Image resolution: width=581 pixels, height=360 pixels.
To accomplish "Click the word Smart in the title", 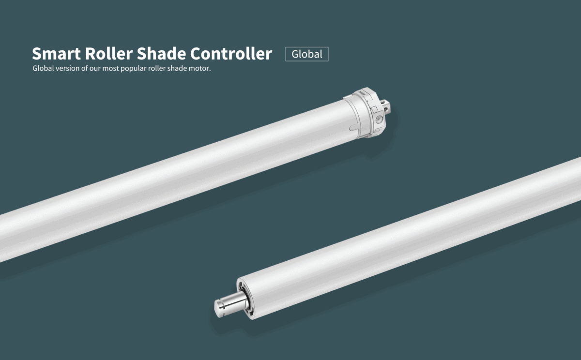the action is [56, 54].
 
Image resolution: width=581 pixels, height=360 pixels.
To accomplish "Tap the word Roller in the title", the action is [109, 53].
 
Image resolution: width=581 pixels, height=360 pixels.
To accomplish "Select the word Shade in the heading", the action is [161, 53].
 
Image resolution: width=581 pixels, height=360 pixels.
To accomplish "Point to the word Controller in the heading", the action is [231, 53].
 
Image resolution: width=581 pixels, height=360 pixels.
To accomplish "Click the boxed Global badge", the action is [307, 54].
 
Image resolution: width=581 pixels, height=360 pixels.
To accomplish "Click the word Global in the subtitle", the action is [43, 68].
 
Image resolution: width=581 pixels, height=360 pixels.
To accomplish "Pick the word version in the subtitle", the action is [68, 68].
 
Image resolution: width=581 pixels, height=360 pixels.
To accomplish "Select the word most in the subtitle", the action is [110, 68].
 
